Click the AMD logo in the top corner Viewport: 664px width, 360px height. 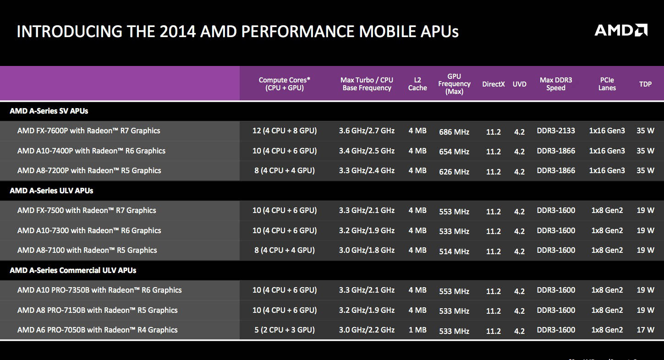[x=620, y=31]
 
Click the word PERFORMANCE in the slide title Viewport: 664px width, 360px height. [x=297, y=32]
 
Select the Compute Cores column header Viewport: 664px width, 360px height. [x=284, y=84]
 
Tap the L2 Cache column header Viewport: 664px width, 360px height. [x=417, y=84]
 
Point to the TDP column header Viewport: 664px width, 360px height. [x=645, y=84]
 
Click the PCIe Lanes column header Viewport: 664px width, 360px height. [x=607, y=84]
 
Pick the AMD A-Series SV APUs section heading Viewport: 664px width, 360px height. [x=49, y=111]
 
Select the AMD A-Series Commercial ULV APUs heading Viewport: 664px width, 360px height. [x=73, y=270]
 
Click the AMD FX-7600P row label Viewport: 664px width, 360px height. [x=89, y=131]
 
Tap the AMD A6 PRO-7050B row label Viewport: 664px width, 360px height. [x=97, y=330]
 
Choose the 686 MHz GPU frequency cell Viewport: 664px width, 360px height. [x=454, y=132]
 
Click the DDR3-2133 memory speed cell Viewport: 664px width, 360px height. [x=556, y=131]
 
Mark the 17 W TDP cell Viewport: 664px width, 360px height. [x=645, y=330]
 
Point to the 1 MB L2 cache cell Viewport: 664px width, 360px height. [x=417, y=330]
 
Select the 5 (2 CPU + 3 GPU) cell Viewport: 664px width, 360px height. [x=284, y=330]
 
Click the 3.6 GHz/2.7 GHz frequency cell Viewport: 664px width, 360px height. [x=367, y=131]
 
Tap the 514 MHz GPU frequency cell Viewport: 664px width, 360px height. [x=454, y=251]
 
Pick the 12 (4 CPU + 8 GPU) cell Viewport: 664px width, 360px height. [x=284, y=131]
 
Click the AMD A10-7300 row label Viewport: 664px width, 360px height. [x=89, y=230]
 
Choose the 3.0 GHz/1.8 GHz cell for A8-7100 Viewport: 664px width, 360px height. [x=367, y=250]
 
